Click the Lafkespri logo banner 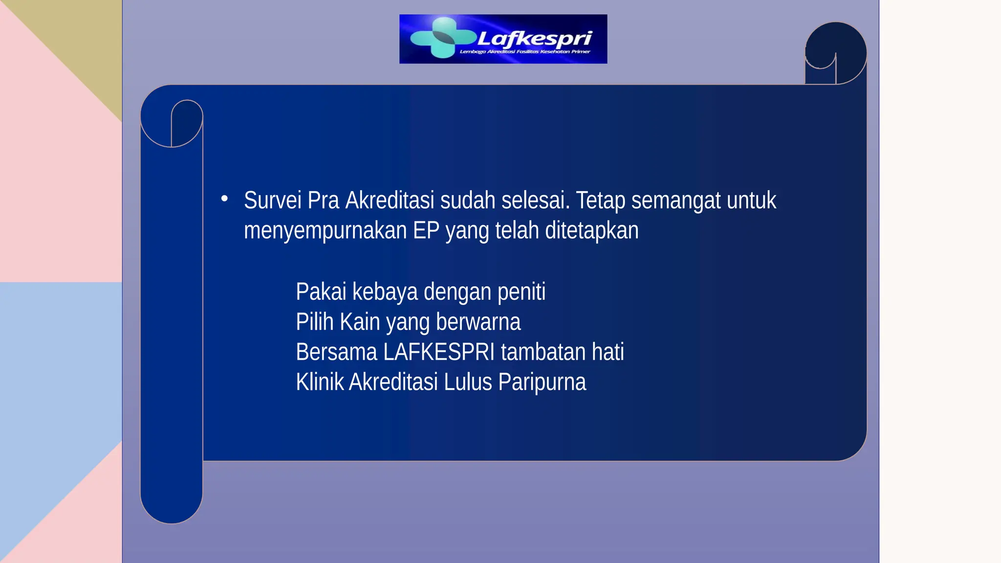point(503,39)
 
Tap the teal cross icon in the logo point(443,38)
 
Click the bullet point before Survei point(224,198)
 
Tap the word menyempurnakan point(325,231)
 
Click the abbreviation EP point(426,231)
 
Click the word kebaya point(385,292)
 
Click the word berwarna point(478,322)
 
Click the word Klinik point(320,382)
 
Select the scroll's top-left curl point(172,123)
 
